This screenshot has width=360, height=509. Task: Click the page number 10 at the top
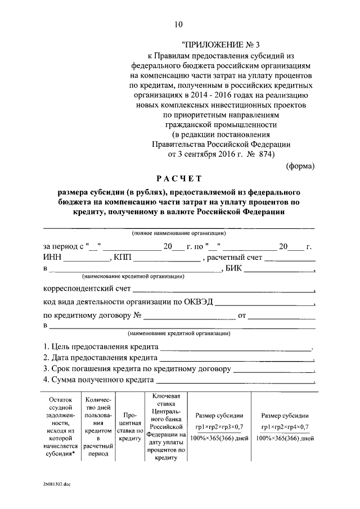click(178, 24)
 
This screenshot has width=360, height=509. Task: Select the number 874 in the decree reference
click(266, 154)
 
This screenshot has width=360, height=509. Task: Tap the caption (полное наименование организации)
click(179, 233)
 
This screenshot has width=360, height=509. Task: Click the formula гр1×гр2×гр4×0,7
click(283, 427)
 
